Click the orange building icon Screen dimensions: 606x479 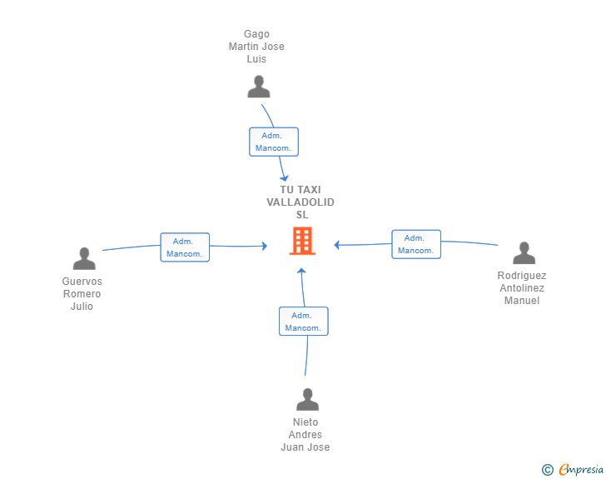302,241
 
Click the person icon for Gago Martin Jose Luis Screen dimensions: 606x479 259,87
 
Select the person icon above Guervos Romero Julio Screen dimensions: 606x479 84,258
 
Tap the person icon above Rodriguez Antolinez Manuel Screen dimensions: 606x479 524,252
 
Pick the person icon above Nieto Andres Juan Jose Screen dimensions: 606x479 307,399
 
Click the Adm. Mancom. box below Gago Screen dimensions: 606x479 274,142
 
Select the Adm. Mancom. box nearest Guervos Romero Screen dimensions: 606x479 185,247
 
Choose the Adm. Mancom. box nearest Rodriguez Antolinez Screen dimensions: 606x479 416,244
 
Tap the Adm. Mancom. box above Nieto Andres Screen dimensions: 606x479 303,322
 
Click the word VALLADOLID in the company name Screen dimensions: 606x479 301,202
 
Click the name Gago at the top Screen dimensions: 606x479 256,34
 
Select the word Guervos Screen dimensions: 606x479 82,282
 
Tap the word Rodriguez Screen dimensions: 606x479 522,276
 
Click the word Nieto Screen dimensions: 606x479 305,422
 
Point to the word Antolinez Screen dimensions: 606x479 522,288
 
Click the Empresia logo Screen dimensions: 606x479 581,469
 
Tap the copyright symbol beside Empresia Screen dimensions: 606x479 547,470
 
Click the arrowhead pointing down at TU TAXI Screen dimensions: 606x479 285,178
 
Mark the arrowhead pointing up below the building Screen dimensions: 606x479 301,271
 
